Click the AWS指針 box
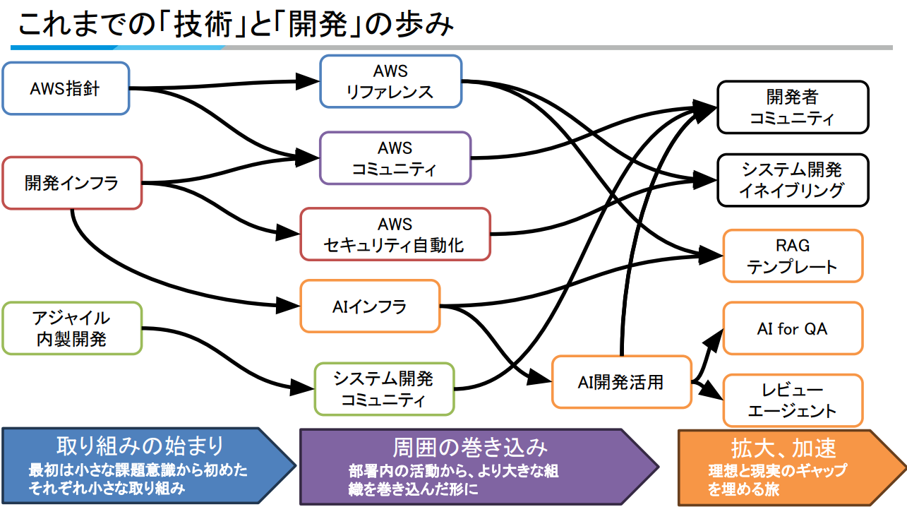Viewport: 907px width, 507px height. [x=66, y=89]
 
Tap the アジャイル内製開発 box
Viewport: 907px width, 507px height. [x=72, y=328]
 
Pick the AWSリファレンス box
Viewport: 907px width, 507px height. [x=390, y=82]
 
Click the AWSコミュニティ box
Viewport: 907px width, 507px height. [x=395, y=158]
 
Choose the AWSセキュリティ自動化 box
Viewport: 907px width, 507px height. [x=395, y=234]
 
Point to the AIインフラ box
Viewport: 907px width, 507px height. [x=370, y=306]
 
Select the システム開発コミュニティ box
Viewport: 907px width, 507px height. [x=384, y=389]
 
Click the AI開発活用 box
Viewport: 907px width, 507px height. [x=620, y=382]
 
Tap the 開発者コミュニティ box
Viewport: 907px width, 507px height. [x=792, y=107]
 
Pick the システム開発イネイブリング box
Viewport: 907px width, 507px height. [x=792, y=180]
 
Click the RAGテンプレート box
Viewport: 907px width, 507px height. [x=792, y=256]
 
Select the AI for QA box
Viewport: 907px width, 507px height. [x=792, y=328]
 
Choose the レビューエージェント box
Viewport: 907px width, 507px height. [x=792, y=401]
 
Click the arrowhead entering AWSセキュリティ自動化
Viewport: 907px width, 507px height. [x=289, y=232]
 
